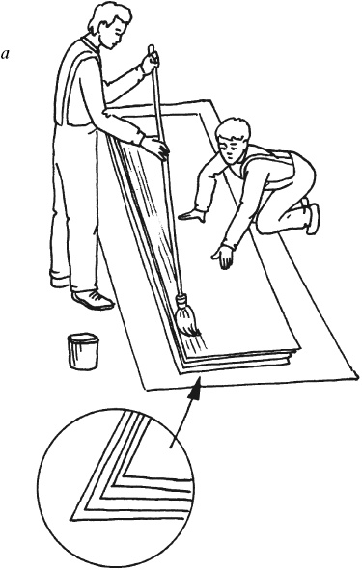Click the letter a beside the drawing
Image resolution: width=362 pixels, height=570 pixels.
(5, 55)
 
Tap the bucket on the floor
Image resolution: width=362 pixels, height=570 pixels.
(83, 351)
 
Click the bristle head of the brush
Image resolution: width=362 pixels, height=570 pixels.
(186, 317)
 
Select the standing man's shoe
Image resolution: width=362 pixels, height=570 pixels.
(93, 299)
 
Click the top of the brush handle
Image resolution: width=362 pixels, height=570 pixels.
(152, 47)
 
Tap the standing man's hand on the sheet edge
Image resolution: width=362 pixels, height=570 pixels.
(155, 148)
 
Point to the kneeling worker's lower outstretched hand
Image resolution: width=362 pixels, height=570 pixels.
(223, 257)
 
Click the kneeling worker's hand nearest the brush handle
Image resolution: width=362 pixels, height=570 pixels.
(193, 216)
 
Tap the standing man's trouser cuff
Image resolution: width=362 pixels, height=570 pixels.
(60, 280)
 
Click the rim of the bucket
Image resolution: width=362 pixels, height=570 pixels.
(83, 339)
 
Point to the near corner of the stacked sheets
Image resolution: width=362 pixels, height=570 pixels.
(181, 372)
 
